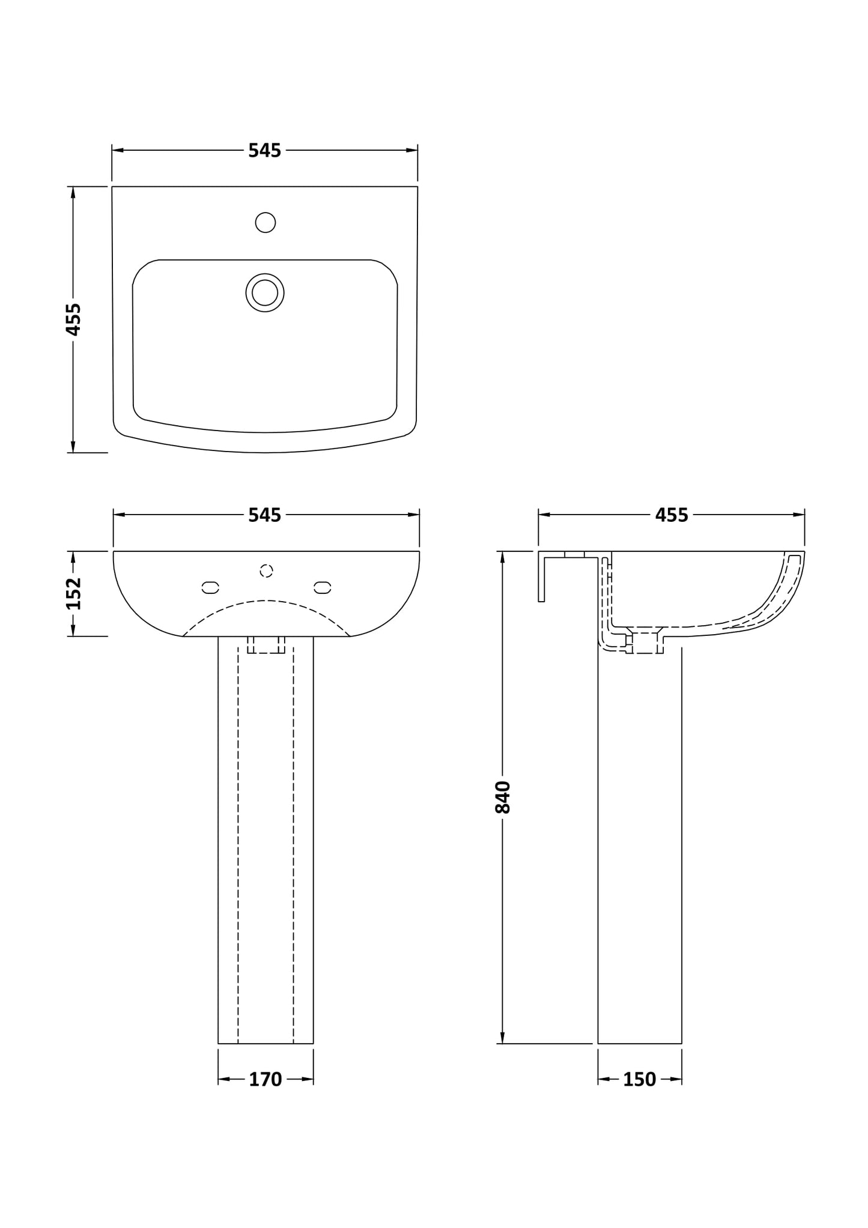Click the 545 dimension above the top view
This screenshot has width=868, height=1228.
(x=264, y=151)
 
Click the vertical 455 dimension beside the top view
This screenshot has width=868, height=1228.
(x=73, y=319)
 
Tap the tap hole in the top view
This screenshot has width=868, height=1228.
(x=265, y=223)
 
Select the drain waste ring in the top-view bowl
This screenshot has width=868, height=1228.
(x=265, y=292)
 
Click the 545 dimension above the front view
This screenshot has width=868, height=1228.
(x=264, y=515)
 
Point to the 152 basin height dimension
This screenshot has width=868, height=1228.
(x=73, y=593)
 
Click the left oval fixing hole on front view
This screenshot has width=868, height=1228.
(x=210, y=587)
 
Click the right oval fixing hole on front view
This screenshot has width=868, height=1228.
(x=323, y=587)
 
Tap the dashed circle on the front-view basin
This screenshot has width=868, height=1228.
(x=266, y=570)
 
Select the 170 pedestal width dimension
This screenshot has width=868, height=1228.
(x=265, y=1080)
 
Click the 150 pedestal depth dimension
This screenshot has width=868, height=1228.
(x=639, y=1080)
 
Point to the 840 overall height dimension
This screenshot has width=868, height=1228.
(x=502, y=797)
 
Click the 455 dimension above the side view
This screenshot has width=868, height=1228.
(x=671, y=515)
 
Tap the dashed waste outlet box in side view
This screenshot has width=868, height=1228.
(x=645, y=643)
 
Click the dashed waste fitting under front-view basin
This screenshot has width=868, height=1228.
(x=266, y=645)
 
